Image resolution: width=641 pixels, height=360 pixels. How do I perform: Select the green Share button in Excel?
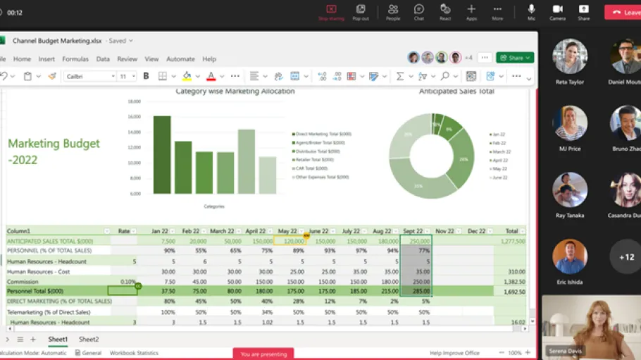click(x=515, y=58)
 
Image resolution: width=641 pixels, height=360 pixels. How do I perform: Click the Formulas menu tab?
click(x=75, y=59)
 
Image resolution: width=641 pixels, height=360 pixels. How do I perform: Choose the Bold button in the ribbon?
click(x=147, y=76)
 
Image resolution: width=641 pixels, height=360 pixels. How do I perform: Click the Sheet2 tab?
click(x=89, y=340)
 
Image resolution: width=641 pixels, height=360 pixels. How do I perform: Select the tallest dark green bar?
click(x=162, y=154)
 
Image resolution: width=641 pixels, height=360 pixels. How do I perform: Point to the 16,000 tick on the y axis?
click(x=134, y=117)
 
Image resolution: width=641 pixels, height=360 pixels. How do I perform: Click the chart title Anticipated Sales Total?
click(x=456, y=92)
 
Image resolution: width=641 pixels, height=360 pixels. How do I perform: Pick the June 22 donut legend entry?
click(x=500, y=178)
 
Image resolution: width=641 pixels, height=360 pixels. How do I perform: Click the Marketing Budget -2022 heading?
click(x=54, y=151)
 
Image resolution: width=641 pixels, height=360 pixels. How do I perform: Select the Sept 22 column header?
click(x=413, y=231)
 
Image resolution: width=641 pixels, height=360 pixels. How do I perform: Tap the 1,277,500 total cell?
click(x=511, y=241)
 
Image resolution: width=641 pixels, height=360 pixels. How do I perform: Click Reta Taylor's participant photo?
click(x=570, y=56)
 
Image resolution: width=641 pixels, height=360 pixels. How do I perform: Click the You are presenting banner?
click(x=263, y=354)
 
